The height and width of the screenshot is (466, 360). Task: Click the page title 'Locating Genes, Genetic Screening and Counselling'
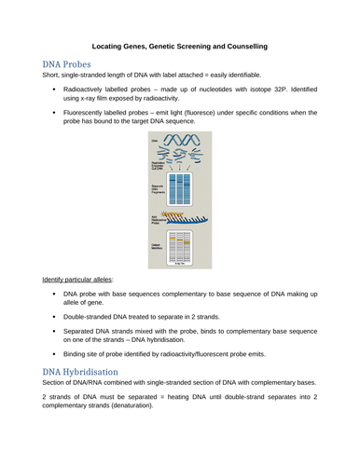[x=180, y=44]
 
